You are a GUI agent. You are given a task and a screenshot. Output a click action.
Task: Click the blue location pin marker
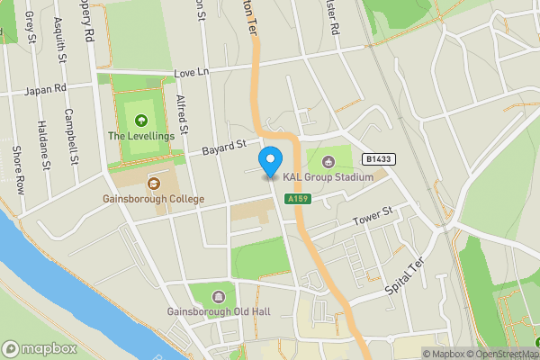coord(269,162)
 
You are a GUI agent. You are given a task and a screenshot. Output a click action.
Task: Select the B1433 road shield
coord(379,159)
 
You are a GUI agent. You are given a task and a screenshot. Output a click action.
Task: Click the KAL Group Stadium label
coord(328,177)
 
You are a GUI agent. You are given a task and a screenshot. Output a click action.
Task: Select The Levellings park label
coord(139,135)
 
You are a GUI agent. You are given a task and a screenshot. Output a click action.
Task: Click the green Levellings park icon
coord(139,120)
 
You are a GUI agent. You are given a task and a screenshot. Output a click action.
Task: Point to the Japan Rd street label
coord(48,89)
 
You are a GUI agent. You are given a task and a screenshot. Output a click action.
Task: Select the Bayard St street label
coord(223,146)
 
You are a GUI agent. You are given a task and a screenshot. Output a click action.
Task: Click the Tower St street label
coord(373,215)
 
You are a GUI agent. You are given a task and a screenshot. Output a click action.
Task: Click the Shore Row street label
coord(16,169)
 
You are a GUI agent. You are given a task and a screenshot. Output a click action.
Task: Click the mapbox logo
coord(40,348)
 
